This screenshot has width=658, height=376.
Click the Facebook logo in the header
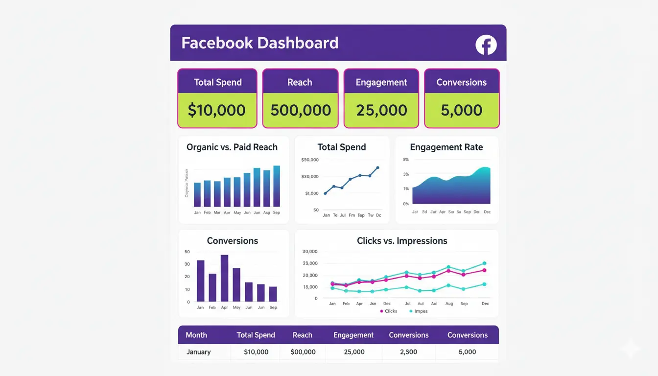(486, 45)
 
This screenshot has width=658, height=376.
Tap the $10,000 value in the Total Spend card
(217, 110)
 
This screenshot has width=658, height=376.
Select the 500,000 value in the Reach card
(301, 110)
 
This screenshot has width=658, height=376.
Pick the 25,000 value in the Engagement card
(381, 110)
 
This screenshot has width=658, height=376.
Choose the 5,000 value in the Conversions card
(462, 110)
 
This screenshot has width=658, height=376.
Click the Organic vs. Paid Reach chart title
(232, 147)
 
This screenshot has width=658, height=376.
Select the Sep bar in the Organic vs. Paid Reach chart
(277, 187)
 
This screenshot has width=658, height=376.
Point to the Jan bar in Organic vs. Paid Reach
(197, 195)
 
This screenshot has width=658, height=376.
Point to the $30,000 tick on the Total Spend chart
(310, 176)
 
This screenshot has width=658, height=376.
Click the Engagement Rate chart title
(446, 147)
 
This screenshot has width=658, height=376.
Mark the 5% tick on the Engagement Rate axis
(405, 160)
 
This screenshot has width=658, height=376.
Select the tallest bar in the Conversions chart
(224, 278)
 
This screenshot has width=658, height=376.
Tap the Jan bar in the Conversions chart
(200, 281)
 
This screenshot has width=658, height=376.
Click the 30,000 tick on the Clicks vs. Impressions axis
(310, 252)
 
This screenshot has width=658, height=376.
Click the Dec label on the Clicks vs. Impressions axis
(485, 304)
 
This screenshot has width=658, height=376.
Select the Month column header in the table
(196, 335)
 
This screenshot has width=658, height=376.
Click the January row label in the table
(199, 352)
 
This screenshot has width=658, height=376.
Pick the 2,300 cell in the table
(408, 352)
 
